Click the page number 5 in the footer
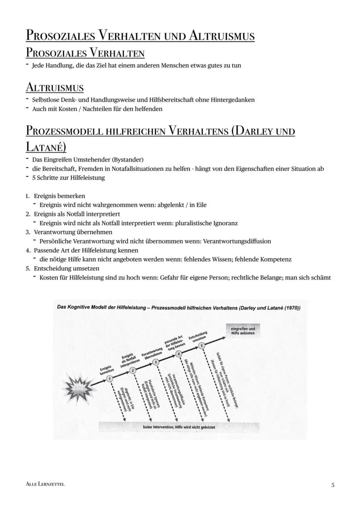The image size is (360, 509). (x=333, y=485)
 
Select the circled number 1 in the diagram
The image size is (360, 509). (x=110, y=379)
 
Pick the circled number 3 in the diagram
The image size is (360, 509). (x=156, y=361)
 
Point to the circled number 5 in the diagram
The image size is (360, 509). (x=201, y=345)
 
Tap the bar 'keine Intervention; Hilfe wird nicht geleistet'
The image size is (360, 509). (x=179, y=427)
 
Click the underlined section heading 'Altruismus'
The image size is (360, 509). (x=54, y=87)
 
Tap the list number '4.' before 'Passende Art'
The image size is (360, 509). (x=28, y=250)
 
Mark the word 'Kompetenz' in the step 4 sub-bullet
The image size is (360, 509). (x=276, y=259)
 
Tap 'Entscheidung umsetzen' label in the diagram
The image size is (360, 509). (x=197, y=335)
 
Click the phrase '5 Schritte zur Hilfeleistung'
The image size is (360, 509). (x=68, y=178)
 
